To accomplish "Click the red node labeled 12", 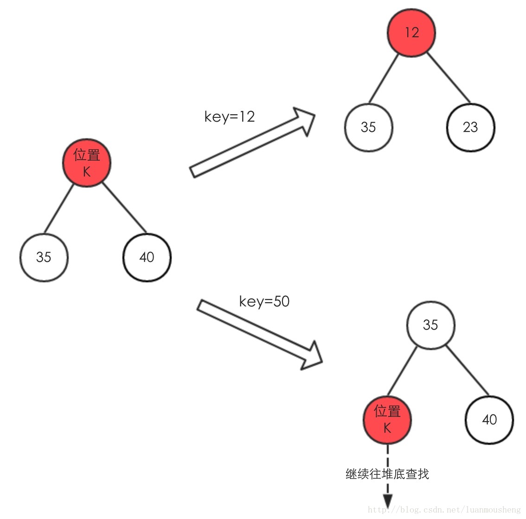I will pyautogui.click(x=411, y=32).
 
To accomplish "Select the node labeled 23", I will pyautogui.click(x=470, y=127).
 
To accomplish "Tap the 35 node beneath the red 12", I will pyautogui.click(x=368, y=127).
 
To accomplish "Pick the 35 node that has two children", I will pyautogui.click(x=430, y=325).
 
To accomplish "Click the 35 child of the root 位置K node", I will pyautogui.click(x=44, y=257).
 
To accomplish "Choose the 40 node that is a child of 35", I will pyautogui.click(x=489, y=420).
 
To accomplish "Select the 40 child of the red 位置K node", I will pyautogui.click(x=147, y=257).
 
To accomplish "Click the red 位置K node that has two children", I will pyautogui.click(x=87, y=163).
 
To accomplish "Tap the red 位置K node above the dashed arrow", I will pyautogui.click(x=387, y=420).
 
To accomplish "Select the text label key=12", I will pyautogui.click(x=230, y=116).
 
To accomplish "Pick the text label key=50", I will pyautogui.click(x=264, y=301).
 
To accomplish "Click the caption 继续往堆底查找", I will pyautogui.click(x=387, y=474).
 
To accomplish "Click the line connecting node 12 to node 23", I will pyautogui.click(x=449, y=78).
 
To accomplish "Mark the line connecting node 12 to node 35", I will pyautogui.click(x=384, y=78).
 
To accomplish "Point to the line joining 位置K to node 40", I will pyautogui.click(x=124, y=208).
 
